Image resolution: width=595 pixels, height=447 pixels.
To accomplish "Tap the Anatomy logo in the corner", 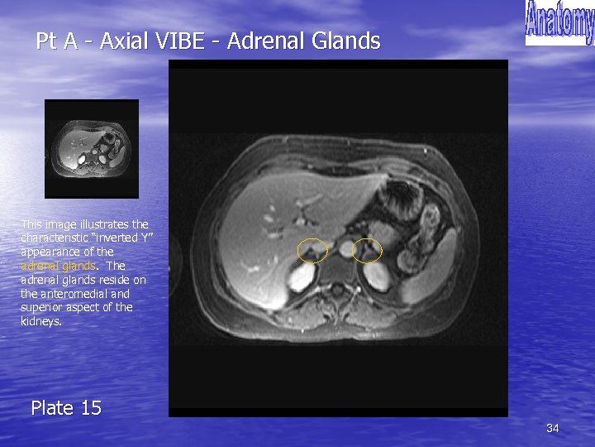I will (x=559, y=23).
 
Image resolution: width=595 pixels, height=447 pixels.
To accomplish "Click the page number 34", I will (x=553, y=428).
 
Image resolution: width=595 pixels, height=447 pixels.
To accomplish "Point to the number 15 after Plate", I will (x=91, y=408).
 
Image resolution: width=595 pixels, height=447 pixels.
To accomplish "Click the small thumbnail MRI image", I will (x=91, y=149).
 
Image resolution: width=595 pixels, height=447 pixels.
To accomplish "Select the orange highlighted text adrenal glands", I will (x=58, y=266).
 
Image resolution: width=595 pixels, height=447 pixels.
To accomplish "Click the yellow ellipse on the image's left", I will (x=312, y=249).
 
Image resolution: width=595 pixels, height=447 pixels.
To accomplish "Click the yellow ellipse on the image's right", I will (x=367, y=249).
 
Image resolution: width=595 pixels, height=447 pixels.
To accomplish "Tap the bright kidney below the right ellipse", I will (x=378, y=276).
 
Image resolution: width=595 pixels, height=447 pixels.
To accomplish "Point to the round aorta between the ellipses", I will (x=346, y=248).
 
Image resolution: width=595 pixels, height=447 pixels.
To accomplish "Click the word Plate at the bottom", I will (x=54, y=408).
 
